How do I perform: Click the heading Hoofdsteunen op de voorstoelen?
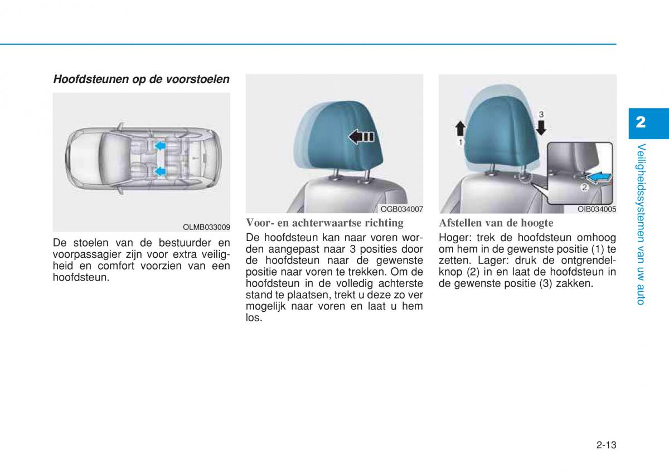[x=141, y=79]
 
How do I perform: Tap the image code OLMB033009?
[x=206, y=227]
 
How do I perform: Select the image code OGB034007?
[x=402, y=209]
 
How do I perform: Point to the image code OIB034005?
[x=597, y=209]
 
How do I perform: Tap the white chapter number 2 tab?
[x=641, y=122]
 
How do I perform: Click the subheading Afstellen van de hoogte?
[x=496, y=223]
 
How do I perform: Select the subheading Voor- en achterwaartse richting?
[x=324, y=223]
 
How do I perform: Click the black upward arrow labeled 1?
[x=460, y=129]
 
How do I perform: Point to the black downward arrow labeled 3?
[x=541, y=127]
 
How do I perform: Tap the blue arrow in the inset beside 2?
[x=599, y=178]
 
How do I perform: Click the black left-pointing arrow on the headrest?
[x=361, y=137]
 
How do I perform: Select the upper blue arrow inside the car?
[x=160, y=145]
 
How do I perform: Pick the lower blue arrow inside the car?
[x=160, y=171]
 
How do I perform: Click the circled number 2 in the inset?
[x=584, y=187]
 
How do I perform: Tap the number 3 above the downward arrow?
[x=541, y=114]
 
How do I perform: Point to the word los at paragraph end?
[x=254, y=318]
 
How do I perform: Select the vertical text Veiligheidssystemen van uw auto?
[x=641, y=224]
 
